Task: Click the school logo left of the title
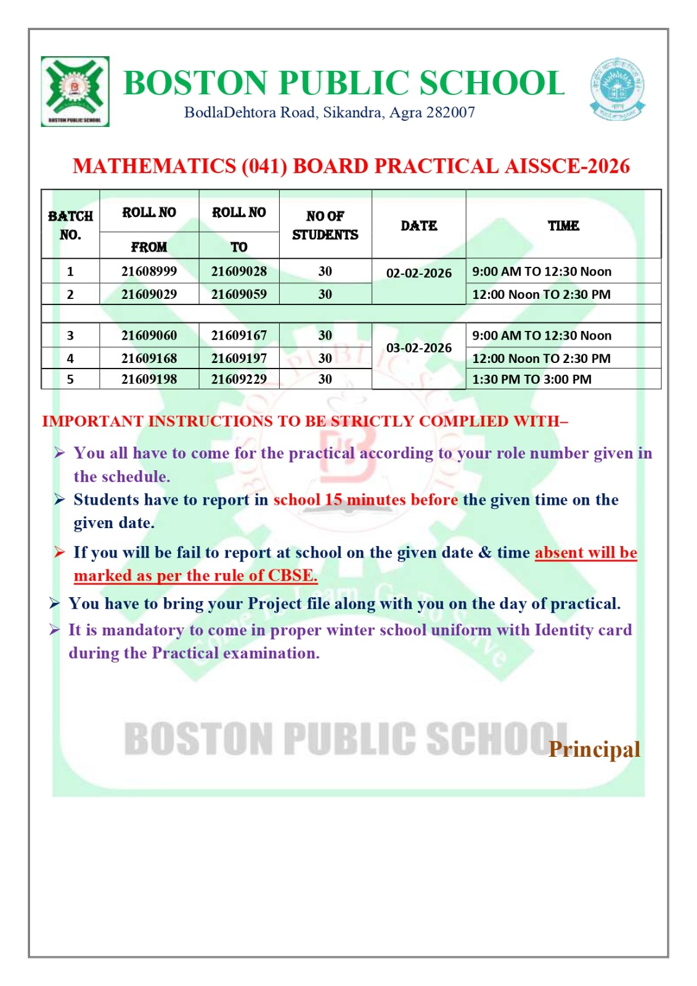[x=75, y=91]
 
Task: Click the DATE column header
[x=419, y=226]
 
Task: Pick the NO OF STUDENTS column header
[x=325, y=225]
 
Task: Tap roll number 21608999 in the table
[x=149, y=271]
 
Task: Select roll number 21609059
[x=239, y=295]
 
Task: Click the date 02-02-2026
[x=419, y=273]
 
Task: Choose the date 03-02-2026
[x=419, y=348]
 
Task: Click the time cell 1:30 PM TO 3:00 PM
[x=531, y=380]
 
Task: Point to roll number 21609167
[x=239, y=336]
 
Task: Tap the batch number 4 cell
[x=70, y=359]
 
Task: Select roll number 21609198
[x=149, y=380]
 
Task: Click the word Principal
[x=594, y=749]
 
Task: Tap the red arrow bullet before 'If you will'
[x=59, y=552]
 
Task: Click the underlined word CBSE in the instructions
[x=293, y=576]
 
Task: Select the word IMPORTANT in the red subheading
[x=92, y=422]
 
